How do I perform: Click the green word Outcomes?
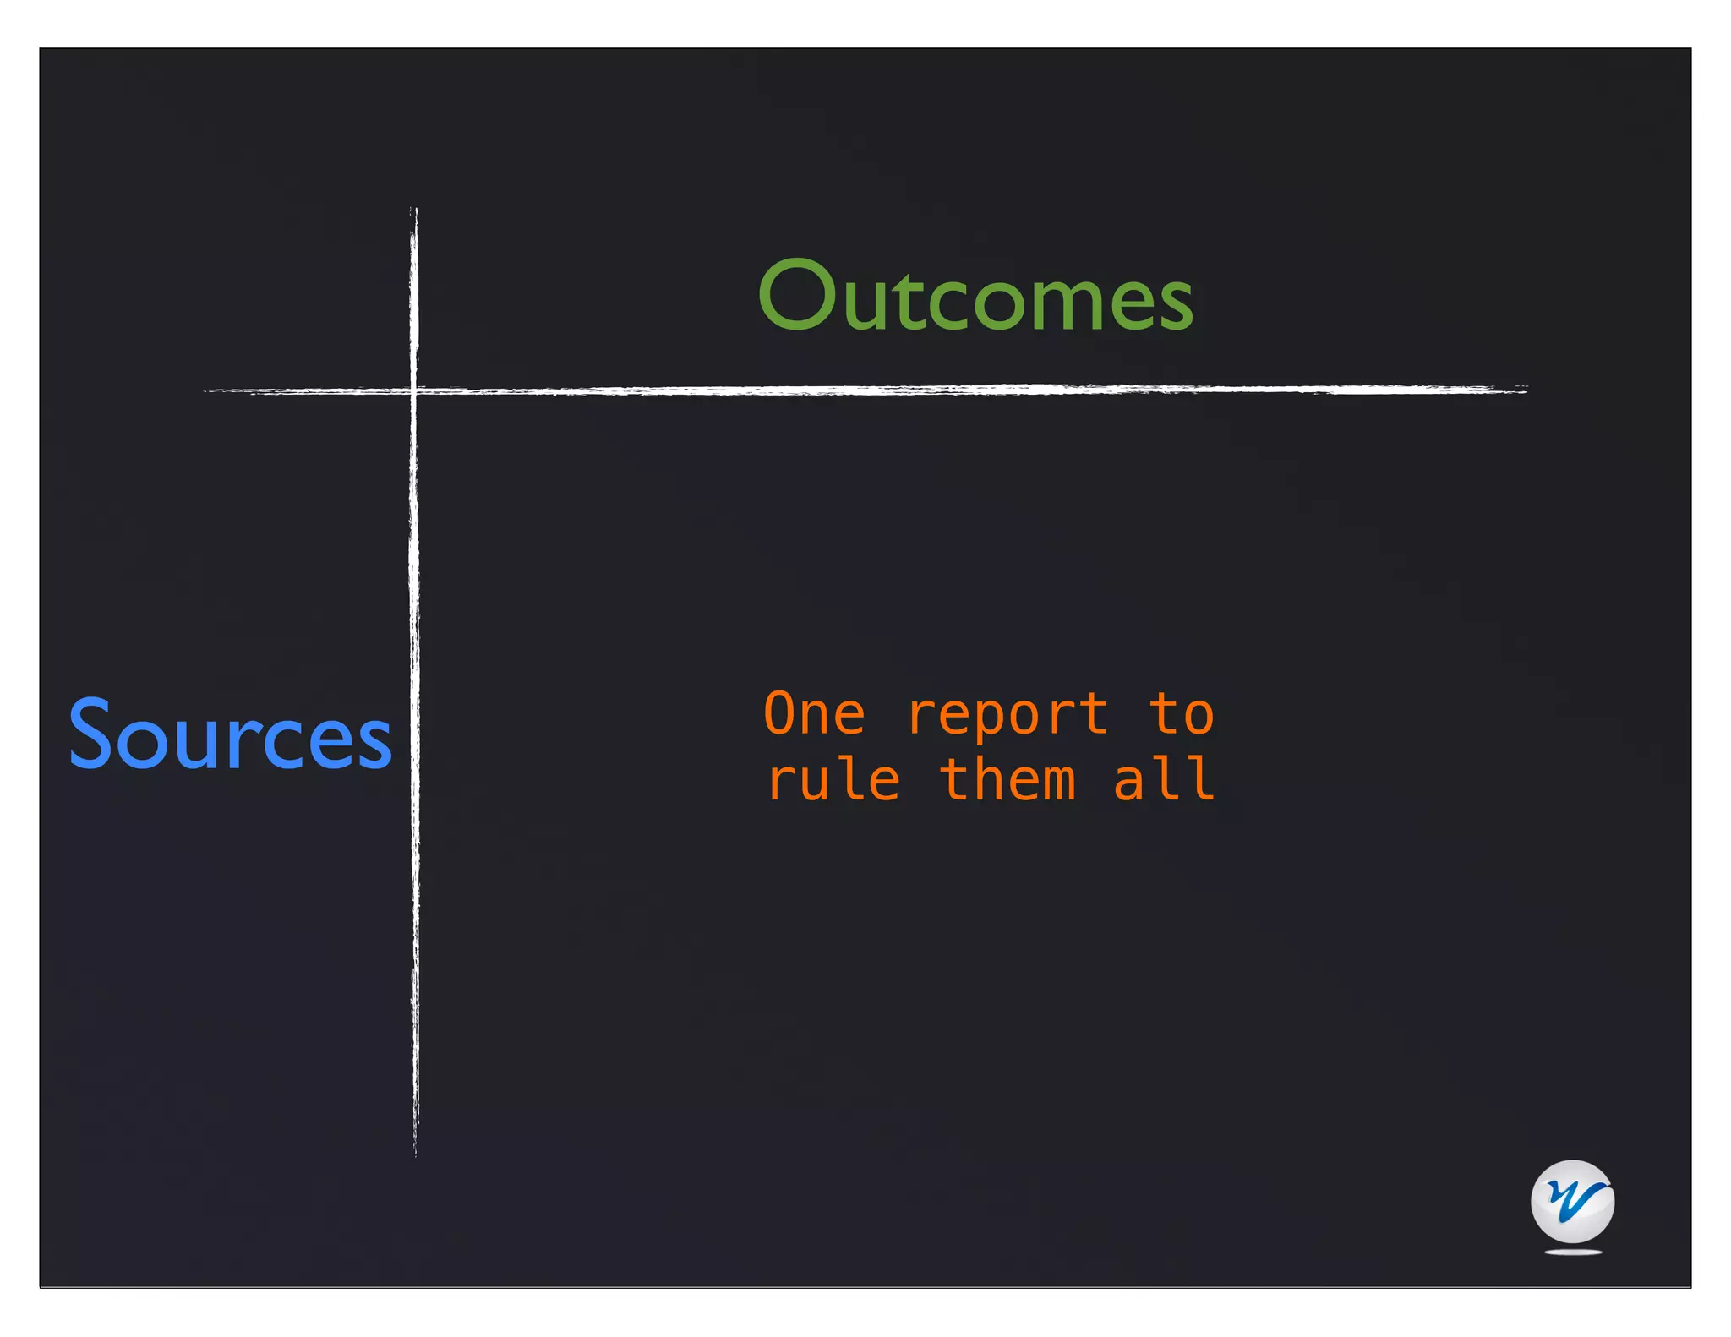click(x=975, y=296)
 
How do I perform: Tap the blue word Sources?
click(x=230, y=734)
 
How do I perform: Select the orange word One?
click(x=814, y=714)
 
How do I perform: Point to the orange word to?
click(x=1182, y=714)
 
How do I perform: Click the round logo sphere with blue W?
click(x=1572, y=1201)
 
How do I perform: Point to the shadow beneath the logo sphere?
click(x=1573, y=1252)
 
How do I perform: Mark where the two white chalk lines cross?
click(x=413, y=390)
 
